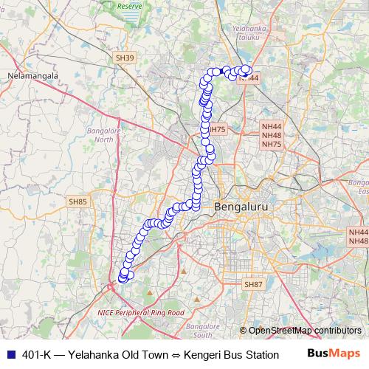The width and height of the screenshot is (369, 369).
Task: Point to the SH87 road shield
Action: click(x=253, y=284)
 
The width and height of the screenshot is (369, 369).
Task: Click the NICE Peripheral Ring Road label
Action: click(x=140, y=312)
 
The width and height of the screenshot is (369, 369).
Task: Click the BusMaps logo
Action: click(x=334, y=354)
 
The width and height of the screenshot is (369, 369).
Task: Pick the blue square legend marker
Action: click(x=10, y=354)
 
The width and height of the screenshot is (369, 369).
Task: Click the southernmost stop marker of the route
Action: click(x=123, y=277)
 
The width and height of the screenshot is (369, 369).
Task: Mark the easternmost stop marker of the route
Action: click(x=246, y=69)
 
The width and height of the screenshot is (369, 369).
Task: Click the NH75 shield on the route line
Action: click(x=216, y=130)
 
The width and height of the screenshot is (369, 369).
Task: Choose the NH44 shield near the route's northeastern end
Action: click(x=250, y=77)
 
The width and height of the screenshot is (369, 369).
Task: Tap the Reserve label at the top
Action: click(x=129, y=5)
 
